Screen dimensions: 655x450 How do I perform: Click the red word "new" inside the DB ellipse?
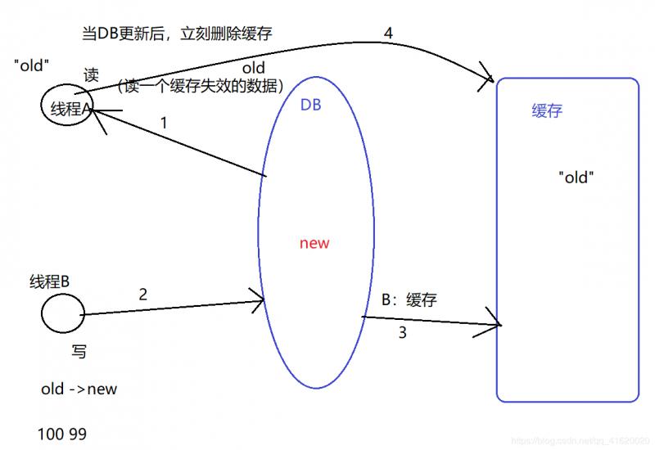314,243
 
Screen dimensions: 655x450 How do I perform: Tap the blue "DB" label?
310,105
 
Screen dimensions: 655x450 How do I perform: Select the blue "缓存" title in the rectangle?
547,111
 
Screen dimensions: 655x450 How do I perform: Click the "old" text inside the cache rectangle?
576,177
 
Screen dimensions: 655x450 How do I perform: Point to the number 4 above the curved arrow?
388,33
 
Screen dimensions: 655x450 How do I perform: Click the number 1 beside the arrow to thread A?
164,123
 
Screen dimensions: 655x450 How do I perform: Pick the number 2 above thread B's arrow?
142,295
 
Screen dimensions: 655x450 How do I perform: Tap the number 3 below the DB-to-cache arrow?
402,333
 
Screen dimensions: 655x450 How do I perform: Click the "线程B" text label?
49,281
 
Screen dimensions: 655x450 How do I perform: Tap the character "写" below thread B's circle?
79,351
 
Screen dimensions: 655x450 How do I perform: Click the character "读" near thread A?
91,75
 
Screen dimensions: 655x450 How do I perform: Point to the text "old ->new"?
79,389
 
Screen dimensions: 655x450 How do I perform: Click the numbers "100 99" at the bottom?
62,434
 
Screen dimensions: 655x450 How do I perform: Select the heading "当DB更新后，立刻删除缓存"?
177,34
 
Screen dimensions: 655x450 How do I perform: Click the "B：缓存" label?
409,299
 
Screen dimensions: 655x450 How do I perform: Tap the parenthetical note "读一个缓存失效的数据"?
201,86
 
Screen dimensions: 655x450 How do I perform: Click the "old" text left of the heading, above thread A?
31,65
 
